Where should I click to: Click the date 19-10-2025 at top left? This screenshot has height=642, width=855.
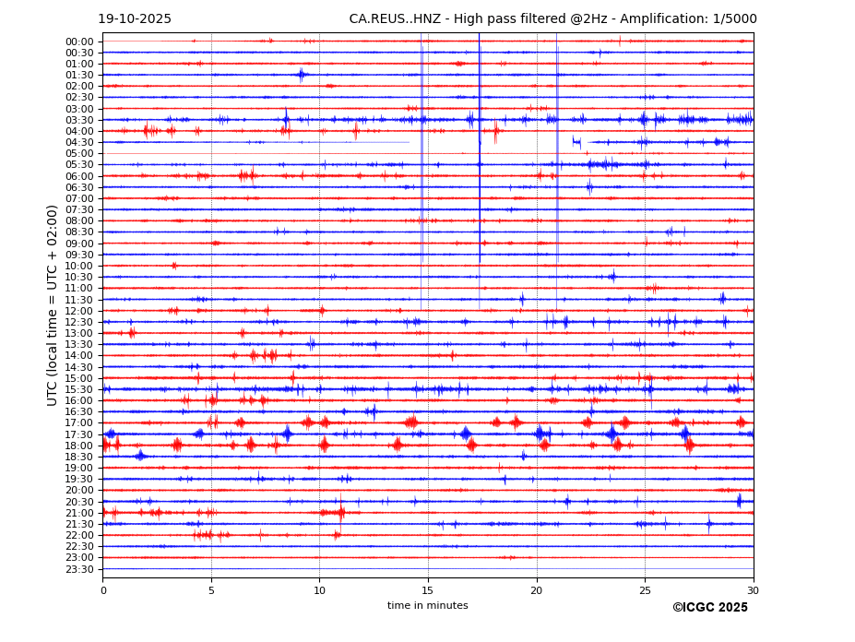pos(135,19)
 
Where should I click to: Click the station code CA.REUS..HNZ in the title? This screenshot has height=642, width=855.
pos(394,19)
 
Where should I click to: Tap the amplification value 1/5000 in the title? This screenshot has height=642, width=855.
pos(734,19)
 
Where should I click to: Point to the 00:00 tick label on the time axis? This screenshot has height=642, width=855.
pos(79,42)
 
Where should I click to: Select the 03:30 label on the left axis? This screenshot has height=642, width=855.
pos(79,120)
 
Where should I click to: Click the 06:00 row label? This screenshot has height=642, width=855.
pos(79,176)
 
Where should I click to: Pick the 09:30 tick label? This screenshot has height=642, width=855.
pos(79,255)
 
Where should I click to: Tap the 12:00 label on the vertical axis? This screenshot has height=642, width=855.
pos(79,311)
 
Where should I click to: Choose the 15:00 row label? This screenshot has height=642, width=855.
pos(79,378)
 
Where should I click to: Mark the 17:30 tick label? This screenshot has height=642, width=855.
pos(79,434)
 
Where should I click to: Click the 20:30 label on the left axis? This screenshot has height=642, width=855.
pos(79,502)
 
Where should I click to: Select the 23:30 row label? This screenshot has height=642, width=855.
pos(79,569)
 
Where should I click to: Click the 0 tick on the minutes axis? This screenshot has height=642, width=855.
pos(103,590)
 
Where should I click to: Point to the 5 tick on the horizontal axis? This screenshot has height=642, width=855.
pos(211,590)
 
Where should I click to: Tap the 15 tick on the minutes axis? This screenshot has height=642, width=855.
pos(428,590)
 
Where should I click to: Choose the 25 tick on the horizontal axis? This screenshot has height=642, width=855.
pos(645,590)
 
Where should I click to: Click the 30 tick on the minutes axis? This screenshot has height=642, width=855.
pos(754,590)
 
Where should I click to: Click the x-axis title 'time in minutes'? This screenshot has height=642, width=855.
pos(428,606)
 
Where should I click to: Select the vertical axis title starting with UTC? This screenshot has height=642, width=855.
pos(53,305)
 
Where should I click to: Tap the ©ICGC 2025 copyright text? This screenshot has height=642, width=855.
pos(709,608)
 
